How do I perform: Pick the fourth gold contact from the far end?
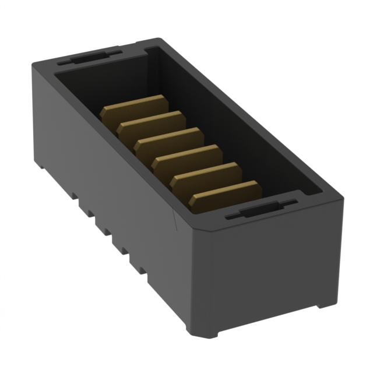(x=186, y=156)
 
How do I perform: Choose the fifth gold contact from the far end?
(x=206, y=173)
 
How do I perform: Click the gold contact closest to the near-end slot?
(x=225, y=192)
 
